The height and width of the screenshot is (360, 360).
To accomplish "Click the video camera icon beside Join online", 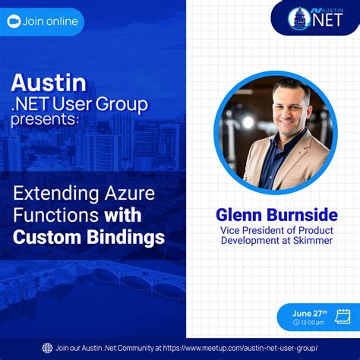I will point(14,21).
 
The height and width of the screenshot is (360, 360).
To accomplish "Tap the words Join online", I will point(50,21).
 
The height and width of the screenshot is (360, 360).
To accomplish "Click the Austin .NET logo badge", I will point(316,17).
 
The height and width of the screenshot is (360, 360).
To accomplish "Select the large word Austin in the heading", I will point(48,81).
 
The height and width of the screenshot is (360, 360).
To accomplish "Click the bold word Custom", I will point(45,236).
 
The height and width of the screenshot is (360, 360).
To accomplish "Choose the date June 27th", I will point(310,312).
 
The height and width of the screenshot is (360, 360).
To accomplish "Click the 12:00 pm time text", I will point(314,323).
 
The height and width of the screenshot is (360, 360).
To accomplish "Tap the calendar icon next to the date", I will point(342,316).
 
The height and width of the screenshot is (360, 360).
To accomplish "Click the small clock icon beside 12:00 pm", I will point(296,323).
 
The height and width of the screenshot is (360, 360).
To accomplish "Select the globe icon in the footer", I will point(47,348).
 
